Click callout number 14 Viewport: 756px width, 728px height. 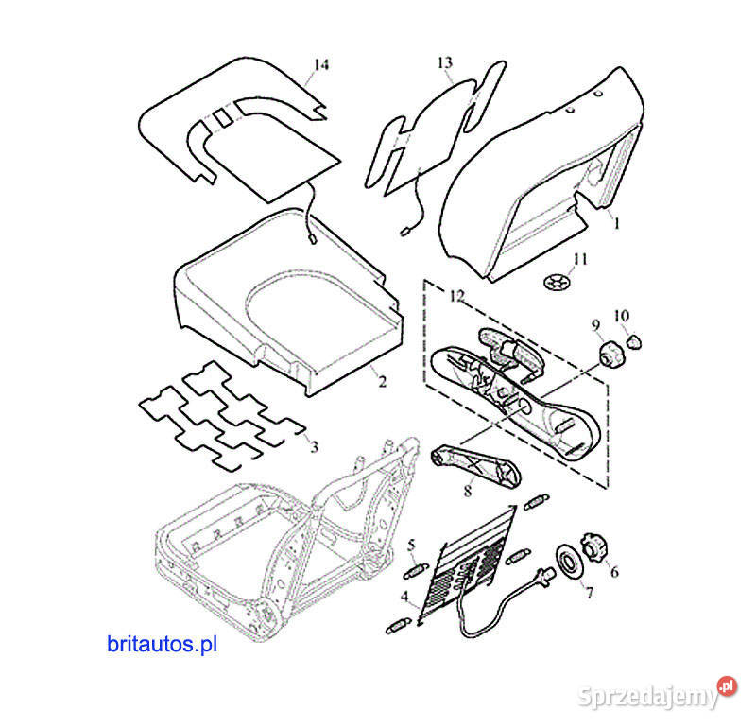point(321,64)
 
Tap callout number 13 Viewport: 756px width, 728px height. point(445,62)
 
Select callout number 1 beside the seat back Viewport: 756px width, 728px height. point(616,223)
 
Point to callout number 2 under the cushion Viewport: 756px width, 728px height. point(382,382)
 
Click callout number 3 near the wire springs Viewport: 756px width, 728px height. point(314,447)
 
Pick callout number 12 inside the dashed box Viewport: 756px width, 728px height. point(456,296)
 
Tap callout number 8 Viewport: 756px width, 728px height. point(467,491)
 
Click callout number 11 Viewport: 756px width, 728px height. point(580,260)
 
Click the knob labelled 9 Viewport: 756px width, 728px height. point(611,355)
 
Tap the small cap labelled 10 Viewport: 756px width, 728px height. point(634,341)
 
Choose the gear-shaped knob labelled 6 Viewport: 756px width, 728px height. point(593,547)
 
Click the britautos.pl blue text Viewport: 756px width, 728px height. point(162,644)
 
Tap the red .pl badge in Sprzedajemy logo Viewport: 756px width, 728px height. point(727,686)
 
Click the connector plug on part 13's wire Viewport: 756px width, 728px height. point(405,232)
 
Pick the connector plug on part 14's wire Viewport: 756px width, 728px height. point(313,238)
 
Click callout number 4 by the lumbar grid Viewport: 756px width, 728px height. point(405,597)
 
